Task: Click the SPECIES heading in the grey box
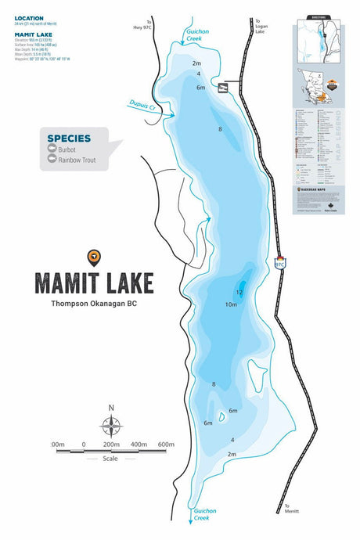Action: tap(69, 139)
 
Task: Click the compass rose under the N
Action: tap(111, 425)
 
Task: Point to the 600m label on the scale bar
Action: tap(165, 445)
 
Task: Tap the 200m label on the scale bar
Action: tap(111, 445)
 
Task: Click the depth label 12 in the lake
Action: tap(239, 292)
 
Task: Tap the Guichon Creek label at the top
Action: tap(195, 34)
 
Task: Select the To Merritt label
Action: tap(292, 509)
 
